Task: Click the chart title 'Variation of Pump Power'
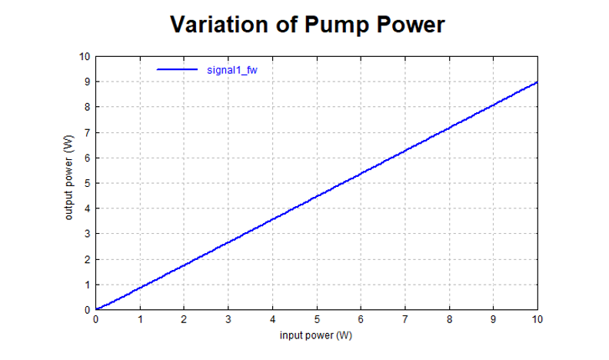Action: [307, 25]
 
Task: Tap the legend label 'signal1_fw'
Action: [231, 70]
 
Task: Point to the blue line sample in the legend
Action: [178, 70]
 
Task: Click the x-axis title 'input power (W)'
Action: [316, 336]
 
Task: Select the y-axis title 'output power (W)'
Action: [68, 178]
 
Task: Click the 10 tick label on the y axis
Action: [85, 56]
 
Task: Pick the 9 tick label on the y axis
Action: [87, 82]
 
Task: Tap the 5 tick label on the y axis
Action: [87, 183]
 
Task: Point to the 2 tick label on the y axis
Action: [87, 259]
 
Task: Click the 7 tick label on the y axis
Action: [87, 132]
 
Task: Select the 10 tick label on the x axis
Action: [537, 319]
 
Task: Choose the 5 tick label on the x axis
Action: [316, 319]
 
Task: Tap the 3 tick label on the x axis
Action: [228, 319]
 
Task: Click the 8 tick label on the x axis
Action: [449, 319]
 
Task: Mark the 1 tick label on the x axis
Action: [139, 319]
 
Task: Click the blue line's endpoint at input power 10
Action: [537, 82]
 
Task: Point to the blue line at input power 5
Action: [316, 196]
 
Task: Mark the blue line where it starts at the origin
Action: [96, 309]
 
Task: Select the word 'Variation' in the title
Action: [217, 25]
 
